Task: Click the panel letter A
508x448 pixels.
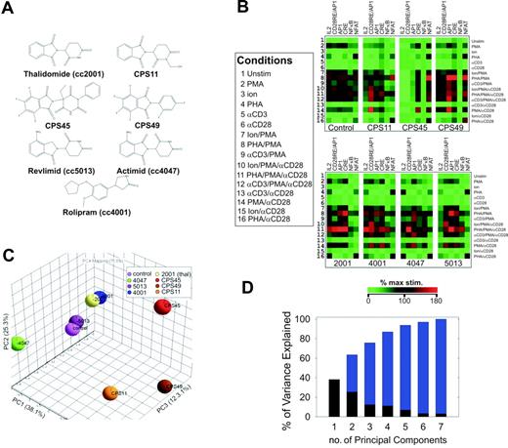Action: pos(11,9)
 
